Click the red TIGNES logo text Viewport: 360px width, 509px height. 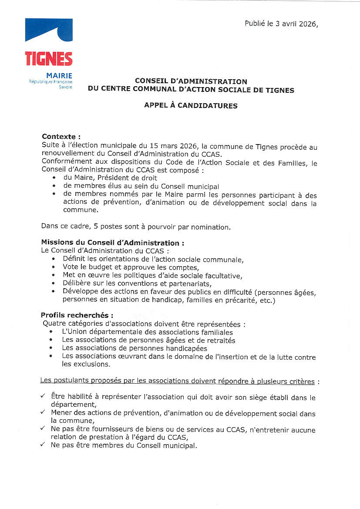click(49, 58)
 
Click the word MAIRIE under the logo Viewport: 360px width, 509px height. click(59, 75)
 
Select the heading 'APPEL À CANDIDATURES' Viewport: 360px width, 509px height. click(191, 105)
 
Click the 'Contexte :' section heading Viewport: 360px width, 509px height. click(61, 137)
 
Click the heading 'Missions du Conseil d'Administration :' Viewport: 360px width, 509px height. click(112, 243)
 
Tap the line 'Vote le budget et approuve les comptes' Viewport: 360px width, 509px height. click(131, 267)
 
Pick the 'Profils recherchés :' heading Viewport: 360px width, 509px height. click(77, 315)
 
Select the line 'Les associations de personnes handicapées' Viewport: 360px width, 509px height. click(134, 348)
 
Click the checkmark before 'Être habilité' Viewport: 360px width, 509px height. click(42, 396)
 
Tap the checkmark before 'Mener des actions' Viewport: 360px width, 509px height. click(42, 412)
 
